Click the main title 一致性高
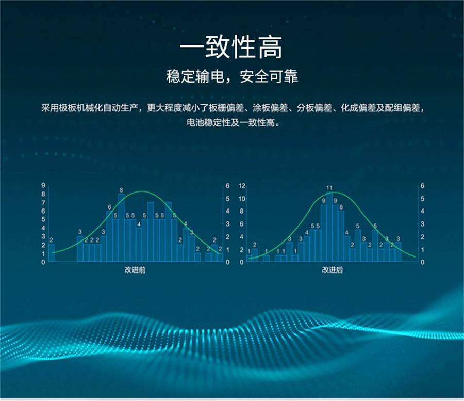[x=231, y=47]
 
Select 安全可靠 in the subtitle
[x=269, y=76]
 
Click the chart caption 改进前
[x=135, y=270]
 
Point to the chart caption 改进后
[x=333, y=270]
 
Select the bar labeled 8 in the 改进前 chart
[x=121, y=228]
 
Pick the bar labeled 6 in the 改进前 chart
[x=109, y=236]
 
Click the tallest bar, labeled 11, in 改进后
[x=329, y=227]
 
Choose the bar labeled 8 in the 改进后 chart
[x=341, y=236]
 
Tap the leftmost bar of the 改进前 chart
[x=52, y=253]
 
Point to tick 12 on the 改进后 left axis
[x=242, y=186]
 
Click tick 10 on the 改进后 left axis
[x=242, y=198]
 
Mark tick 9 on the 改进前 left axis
[x=43, y=185]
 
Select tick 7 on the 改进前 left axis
[x=43, y=203]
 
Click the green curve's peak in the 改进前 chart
[x=142, y=191]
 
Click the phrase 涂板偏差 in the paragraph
[x=270, y=108]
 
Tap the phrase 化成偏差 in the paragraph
[x=358, y=108]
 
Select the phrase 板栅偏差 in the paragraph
[x=226, y=108]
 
